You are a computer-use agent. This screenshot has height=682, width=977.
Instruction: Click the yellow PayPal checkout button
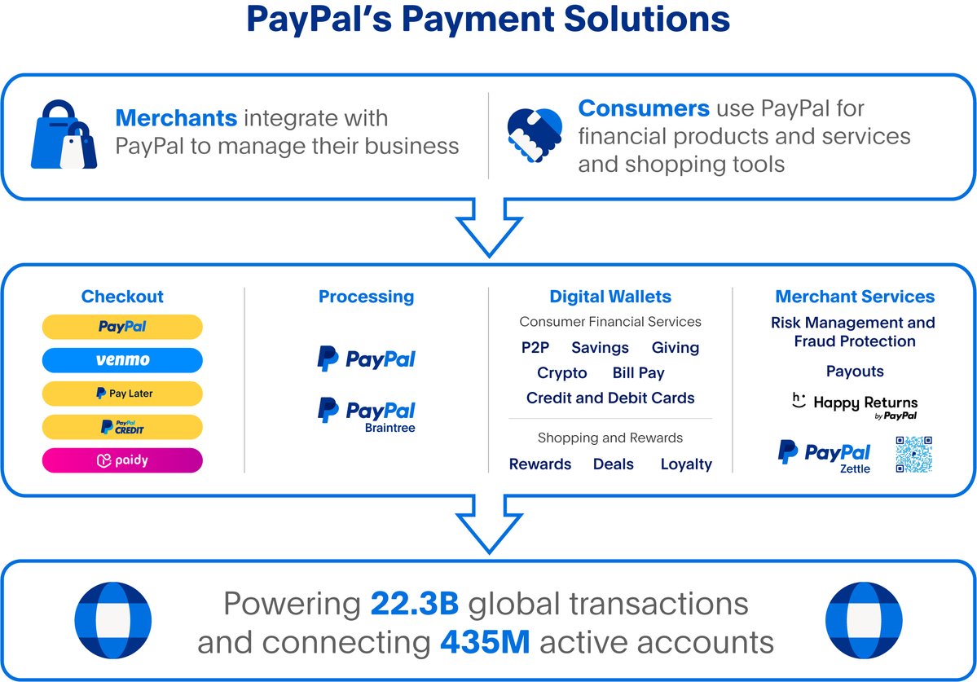pyautogui.click(x=122, y=327)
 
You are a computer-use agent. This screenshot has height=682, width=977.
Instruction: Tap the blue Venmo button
pyautogui.click(x=122, y=360)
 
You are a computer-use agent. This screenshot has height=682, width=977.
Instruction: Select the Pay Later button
pyautogui.click(x=122, y=394)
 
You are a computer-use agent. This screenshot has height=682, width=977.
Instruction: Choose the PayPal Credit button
pyautogui.click(x=122, y=427)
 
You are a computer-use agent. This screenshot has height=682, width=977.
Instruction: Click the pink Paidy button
pyautogui.click(x=122, y=460)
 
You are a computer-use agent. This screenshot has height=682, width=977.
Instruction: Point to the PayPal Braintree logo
pyautogui.click(x=367, y=413)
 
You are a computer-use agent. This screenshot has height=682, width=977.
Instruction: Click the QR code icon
pyautogui.click(x=913, y=454)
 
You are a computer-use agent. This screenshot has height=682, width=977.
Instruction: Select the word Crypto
pyautogui.click(x=561, y=373)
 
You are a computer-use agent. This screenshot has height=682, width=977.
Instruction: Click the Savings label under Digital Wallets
pyautogui.click(x=600, y=348)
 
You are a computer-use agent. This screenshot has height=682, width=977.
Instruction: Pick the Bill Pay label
pyautogui.click(x=638, y=373)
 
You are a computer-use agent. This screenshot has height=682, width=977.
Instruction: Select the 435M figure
pyautogui.click(x=486, y=642)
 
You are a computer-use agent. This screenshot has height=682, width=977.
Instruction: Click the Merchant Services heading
pyautogui.click(x=855, y=297)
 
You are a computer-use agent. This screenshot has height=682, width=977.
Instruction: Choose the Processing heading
pyautogui.click(x=366, y=297)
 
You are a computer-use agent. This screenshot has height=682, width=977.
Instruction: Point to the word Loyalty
pyautogui.click(x=686, y=464)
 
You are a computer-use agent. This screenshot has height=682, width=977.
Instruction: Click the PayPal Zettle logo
pyautogui.click(x=824, y=455)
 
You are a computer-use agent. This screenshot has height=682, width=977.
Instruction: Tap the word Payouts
pyautogui.click(x=855, y=372)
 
